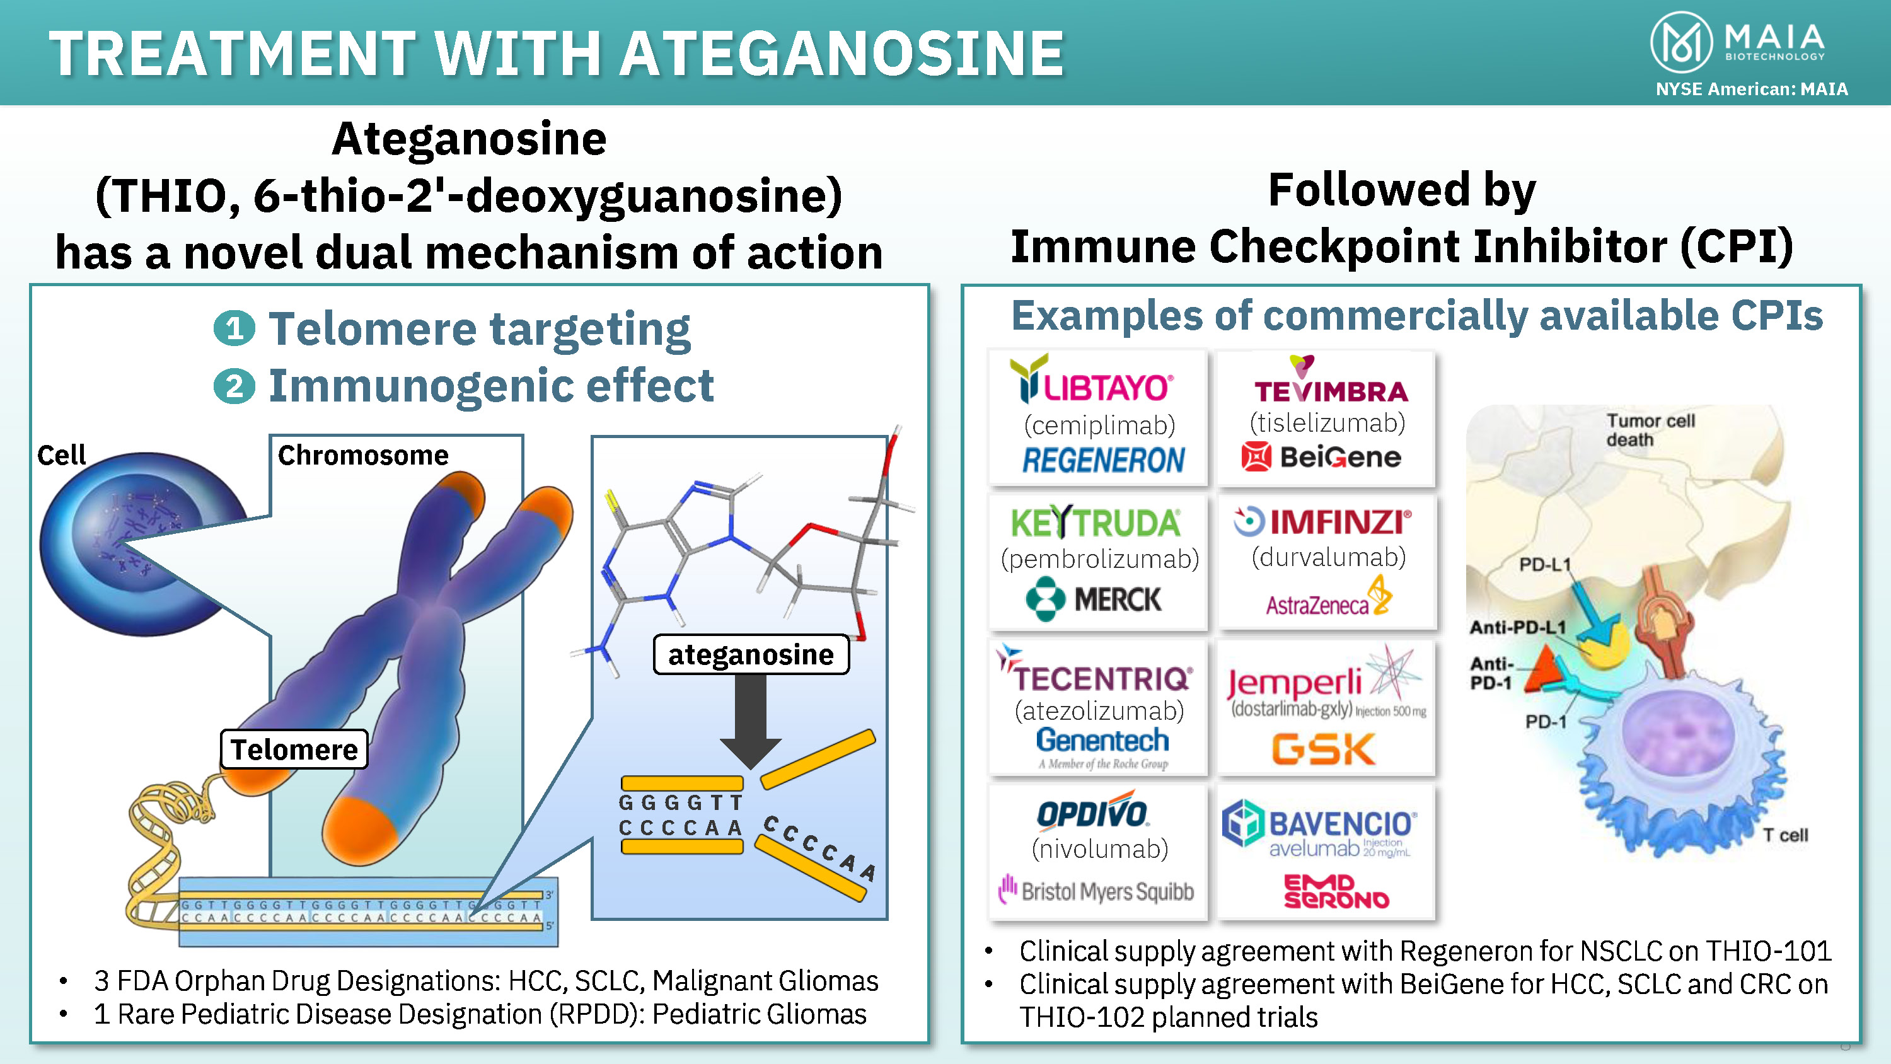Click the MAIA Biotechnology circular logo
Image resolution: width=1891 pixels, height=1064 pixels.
click(1680, 43)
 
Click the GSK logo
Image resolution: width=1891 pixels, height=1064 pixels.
click(1324, 749)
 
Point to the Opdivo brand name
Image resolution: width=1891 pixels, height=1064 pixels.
click(1092, 813)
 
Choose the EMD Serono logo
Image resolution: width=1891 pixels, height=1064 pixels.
click(1336, 891)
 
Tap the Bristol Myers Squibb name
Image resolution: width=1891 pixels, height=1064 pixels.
click(1097, 891)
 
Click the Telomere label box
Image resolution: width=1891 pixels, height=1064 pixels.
click(294, 749)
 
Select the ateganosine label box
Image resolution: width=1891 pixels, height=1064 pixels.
click(750, 654)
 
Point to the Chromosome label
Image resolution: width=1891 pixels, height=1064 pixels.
click(362, 455)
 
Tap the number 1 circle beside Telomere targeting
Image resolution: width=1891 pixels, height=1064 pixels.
click(234, 328)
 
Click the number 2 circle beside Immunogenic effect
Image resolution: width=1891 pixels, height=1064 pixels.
click(234, 386)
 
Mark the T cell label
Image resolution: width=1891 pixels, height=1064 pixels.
click(1785, 835)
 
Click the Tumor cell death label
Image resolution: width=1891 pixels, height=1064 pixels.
click(1650, 429)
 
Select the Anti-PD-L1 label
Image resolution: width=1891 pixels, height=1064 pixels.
click(1517, 627)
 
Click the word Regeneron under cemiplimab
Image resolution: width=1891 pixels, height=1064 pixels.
click(1103, 460)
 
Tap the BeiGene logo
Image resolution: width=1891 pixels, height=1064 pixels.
click(1321, 457)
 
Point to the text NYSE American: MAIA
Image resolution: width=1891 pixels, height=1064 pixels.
click(1751, 89)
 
